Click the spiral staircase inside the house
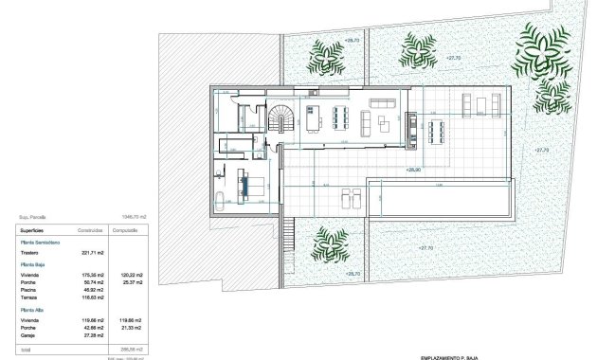(280, 118)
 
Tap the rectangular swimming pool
(439, 197)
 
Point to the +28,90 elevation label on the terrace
(413, 171)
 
